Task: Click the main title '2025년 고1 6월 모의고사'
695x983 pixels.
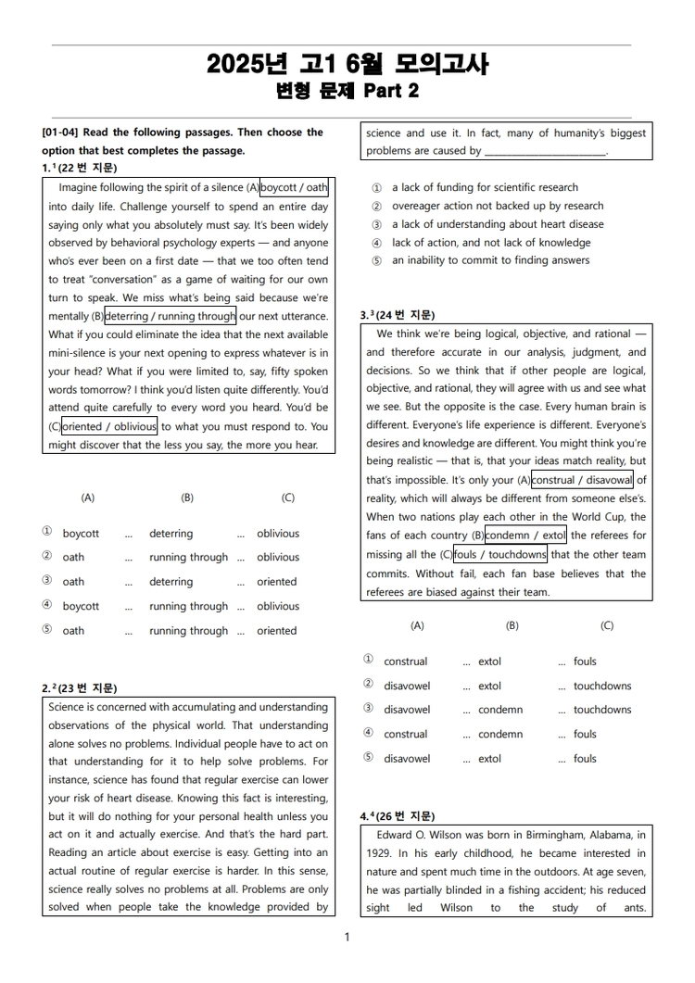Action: click(x=347, y=64)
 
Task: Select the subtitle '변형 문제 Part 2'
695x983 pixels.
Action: click(x=347, y=91)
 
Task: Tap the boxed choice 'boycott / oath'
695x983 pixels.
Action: click(x=294, y=188)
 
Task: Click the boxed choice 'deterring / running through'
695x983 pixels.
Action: click(x=171, y=316)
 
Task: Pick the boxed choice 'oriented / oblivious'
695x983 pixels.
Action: click(x=109, y=426)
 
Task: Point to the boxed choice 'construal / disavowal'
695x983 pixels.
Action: click(x=582, y=480)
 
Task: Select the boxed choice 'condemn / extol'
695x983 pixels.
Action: click(x=525, y=536)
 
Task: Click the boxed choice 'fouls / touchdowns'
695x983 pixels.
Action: click(x=500, y=554)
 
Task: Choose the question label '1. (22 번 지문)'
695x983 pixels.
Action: click(x=80, y=168)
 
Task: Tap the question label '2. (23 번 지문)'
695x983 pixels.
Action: click(x=80, y=688)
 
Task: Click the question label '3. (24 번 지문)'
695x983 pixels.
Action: click(x=398, y=315)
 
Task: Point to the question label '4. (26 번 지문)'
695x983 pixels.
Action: click(x=398, y=816)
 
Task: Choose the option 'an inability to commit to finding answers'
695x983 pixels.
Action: click(x=489, y=260)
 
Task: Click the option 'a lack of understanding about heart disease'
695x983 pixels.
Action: click(x=497, y=224)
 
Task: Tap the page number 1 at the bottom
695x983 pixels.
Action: click(x=347, y=937)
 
